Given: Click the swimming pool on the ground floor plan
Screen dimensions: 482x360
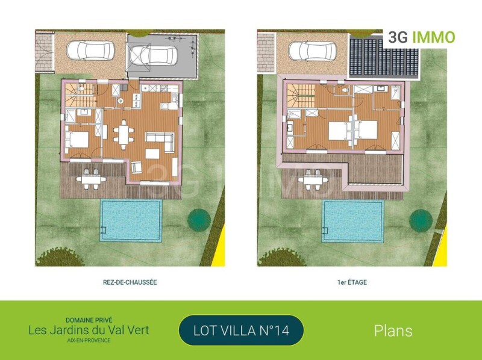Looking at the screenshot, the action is [131, 220].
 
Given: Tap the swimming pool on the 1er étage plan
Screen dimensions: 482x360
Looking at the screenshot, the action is [353, 220].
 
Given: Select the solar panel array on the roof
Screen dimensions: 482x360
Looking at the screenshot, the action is [384, 57].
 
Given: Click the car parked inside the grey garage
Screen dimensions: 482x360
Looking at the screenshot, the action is [153, 55].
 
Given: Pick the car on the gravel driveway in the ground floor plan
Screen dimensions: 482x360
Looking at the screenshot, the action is [91, 51].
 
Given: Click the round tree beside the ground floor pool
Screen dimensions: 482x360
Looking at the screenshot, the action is [199, 220].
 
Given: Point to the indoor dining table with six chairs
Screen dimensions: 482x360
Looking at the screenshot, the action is [124, 134].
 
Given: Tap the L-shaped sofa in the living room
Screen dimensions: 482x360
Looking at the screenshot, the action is [160, 140].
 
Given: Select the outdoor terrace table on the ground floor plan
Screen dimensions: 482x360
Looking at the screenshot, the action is [92, 179].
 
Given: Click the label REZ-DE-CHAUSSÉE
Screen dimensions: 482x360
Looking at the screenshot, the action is [130, 282].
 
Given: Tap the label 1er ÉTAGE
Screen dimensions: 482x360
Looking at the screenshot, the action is [352, 282].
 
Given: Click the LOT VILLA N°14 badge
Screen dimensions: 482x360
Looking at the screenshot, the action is [241, 331].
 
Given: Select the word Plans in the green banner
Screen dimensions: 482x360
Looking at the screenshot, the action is [393, 331].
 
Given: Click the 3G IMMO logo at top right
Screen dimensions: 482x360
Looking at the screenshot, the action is [421, 37].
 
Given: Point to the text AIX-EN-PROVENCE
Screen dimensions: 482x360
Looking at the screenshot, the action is [89, 340].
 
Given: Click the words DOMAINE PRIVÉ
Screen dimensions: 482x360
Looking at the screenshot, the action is [89, 320].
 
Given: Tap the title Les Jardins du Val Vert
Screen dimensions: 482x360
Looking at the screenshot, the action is [89, 331].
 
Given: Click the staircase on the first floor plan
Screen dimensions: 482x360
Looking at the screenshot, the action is [301, 96].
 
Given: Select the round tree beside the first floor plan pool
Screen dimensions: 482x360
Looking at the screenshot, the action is [421, 220].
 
